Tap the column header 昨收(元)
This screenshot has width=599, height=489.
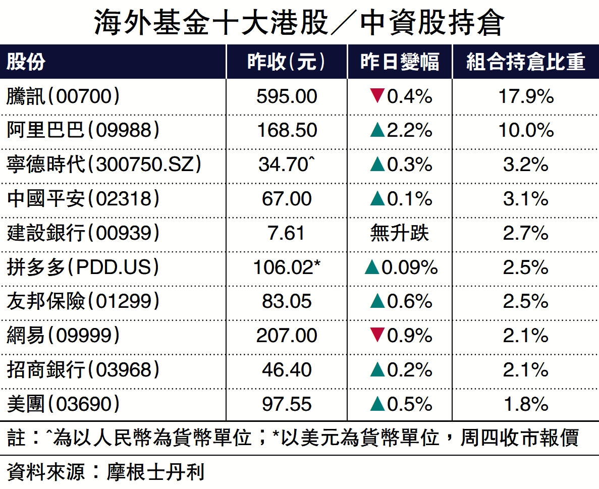coord(286,62)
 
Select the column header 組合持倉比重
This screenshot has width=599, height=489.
coord(525,62)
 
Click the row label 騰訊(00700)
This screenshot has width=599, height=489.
coord(64,96)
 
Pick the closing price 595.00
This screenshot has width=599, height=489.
coord(287,96)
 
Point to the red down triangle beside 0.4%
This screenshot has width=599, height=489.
coord(377,95)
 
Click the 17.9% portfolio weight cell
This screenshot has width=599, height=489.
coord(526,96)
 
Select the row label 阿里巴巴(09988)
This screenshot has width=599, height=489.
coord(83,130)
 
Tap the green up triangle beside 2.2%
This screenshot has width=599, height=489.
coord(377,131)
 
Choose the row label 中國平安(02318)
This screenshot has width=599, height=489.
coord(83,199)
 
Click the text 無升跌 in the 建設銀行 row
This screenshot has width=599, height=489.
coord(399,233)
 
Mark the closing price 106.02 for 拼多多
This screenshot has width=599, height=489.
coord(284,267)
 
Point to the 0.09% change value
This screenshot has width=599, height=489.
coord(409,267)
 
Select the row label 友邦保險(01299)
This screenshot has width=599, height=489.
coord(83,301)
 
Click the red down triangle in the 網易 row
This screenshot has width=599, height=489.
coord(377,335)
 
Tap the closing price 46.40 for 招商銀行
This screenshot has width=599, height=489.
coord(287,370)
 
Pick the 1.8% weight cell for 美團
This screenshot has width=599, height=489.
coord(526,404)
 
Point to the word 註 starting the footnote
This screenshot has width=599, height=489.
coord(16,438)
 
